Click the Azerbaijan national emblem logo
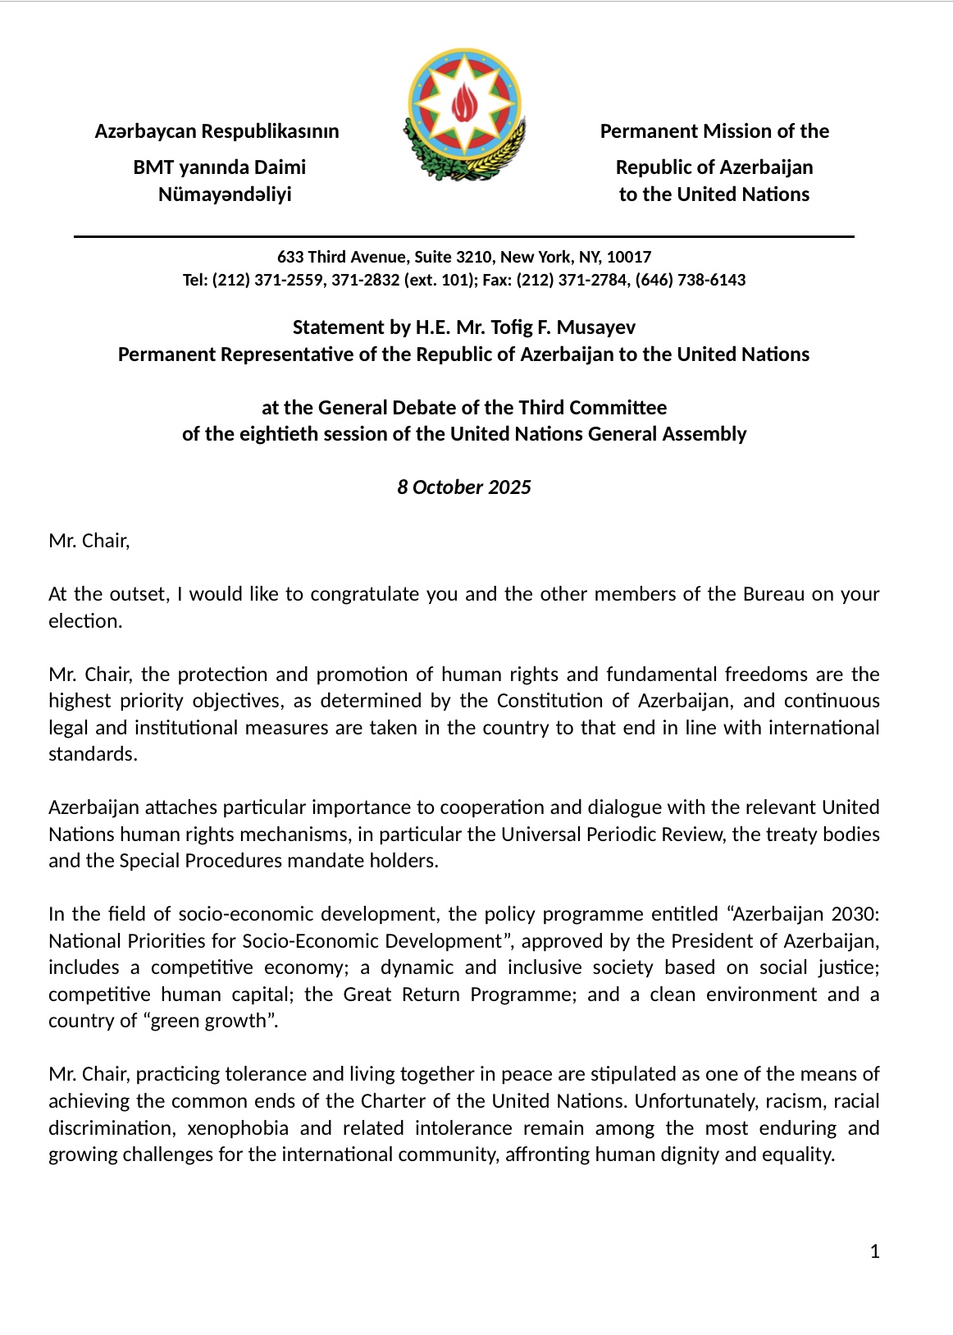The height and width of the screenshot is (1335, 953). click(464, 114)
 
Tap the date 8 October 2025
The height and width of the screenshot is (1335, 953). click(464, 487)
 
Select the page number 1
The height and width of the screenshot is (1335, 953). click(874, 1251)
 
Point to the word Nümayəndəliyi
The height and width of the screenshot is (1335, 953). click(225, 194)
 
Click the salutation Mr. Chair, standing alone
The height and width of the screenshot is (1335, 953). click(89, 542)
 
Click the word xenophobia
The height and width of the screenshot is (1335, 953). click(238, 1128)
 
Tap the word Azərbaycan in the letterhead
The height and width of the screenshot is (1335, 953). click(145, 131)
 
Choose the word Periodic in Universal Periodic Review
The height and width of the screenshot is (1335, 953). click(626, 834)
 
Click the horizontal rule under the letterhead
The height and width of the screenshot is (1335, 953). click(464, 236)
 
